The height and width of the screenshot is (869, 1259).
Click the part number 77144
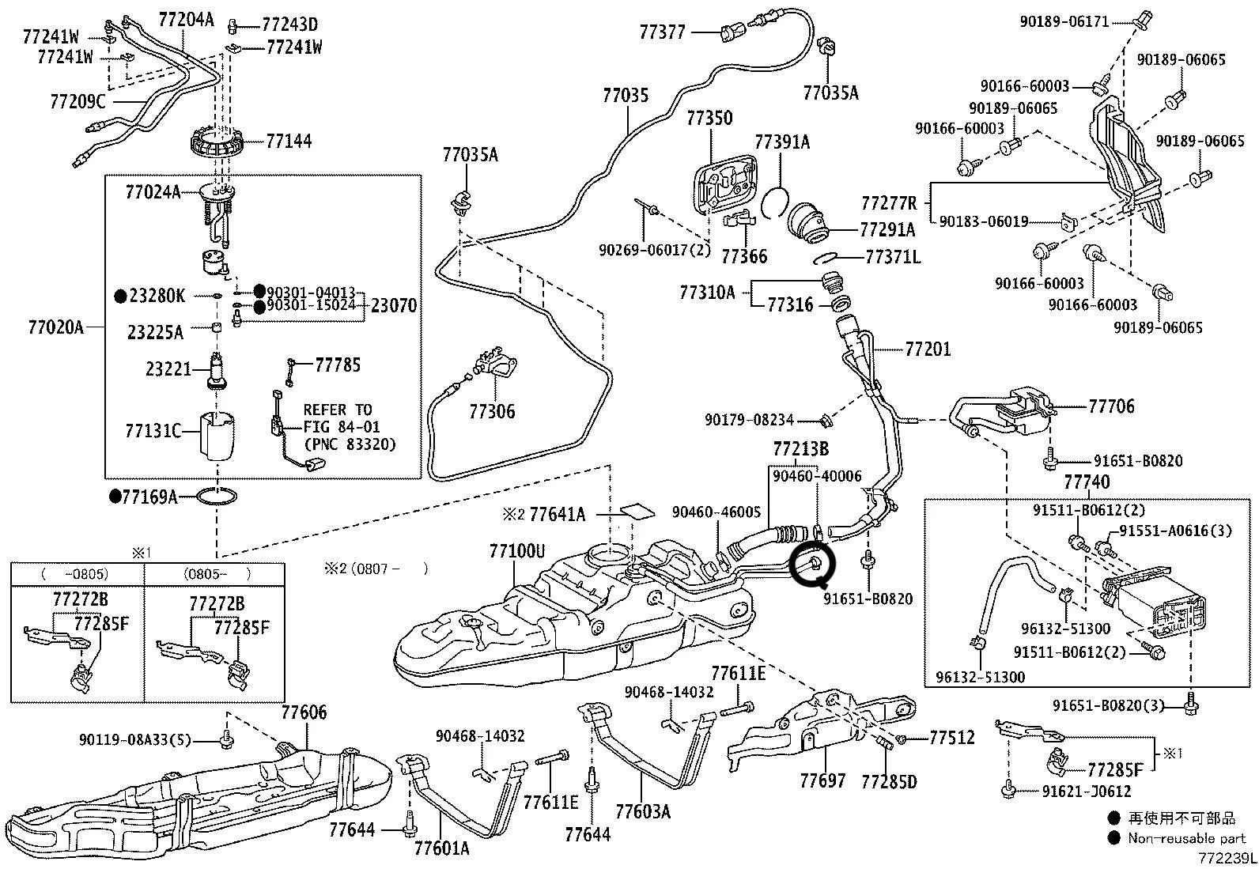tap(289, 142)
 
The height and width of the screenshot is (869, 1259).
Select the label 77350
tap(709, 119)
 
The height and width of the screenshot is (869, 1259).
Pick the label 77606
tap(304, 713)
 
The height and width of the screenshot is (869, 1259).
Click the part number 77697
tap(822, 781)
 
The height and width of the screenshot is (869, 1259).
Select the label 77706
tap(1111, 406)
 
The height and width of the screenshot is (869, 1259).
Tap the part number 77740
tap(1087, 482)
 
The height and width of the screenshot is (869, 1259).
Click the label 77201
tap(928, 349)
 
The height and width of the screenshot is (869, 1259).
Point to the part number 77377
tap(663, 32)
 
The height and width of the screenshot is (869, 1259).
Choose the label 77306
tap(491, 411)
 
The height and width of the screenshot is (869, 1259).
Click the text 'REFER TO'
tap(338, 410)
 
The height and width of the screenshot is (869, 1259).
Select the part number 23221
tap(168, 369)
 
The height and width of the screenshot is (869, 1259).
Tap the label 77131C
tap(153, 432)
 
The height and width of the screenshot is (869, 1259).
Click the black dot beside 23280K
tap(120, 297)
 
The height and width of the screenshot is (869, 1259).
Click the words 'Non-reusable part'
tap(1186, 838)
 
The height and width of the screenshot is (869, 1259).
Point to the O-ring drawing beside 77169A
tap(216, 497)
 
